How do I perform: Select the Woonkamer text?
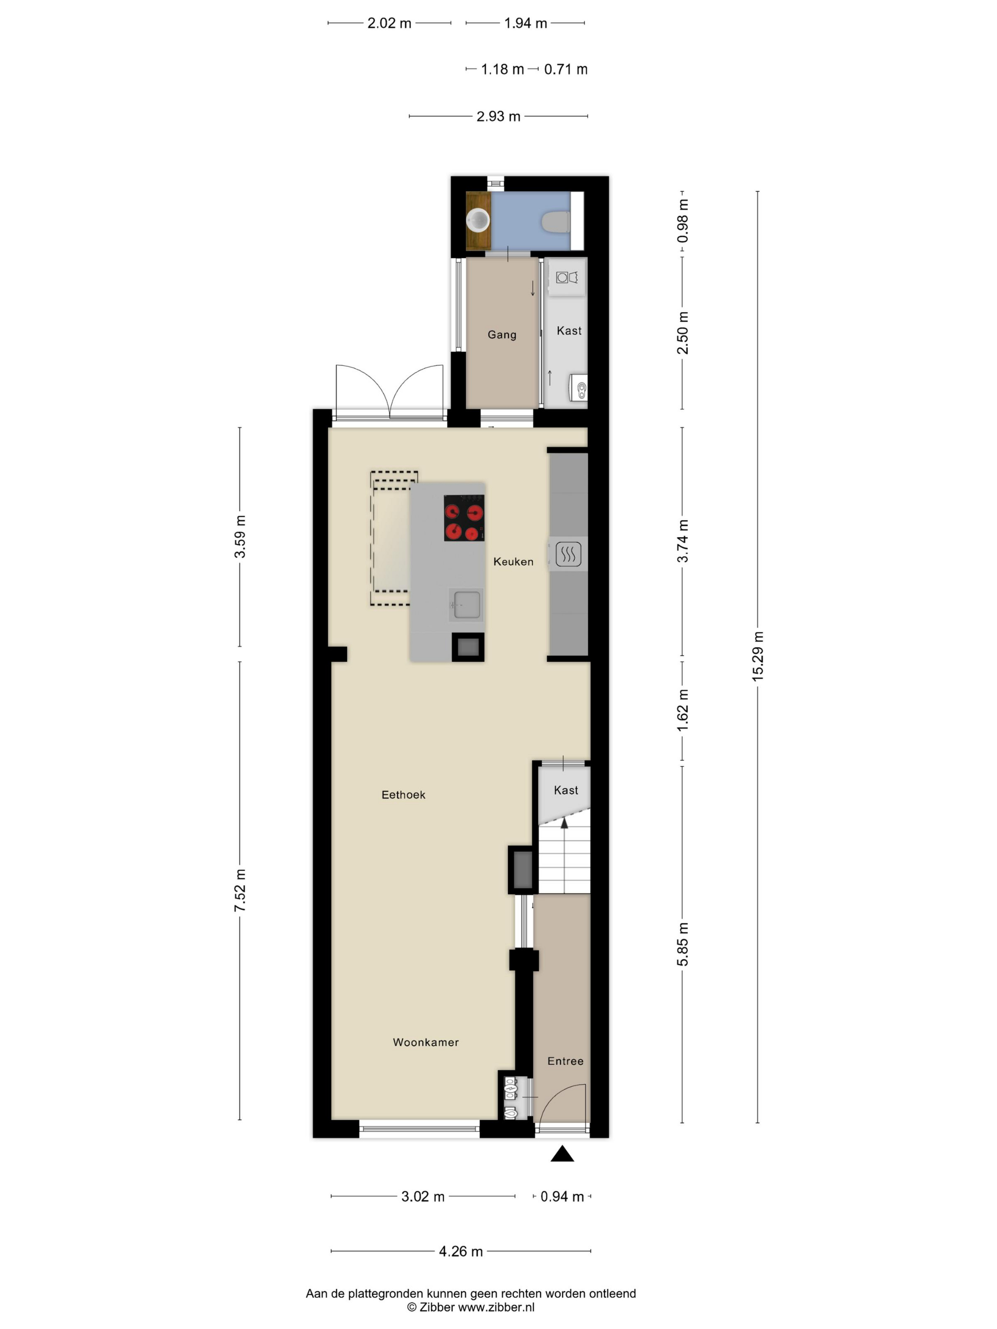click(x=425, y=1042)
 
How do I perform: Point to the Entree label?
click(x=565, y=1061)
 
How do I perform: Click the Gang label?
click(x=502, y=335)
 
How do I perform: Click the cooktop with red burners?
click(x=464, y=517)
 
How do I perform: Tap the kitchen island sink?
click(x=466, y=604)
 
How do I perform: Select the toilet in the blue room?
click(x=556, y=222)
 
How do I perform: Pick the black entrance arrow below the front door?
click(x=563, y=1153)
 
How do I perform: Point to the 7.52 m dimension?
click(x=240, y=890)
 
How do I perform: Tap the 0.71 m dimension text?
click(x=565, y=69)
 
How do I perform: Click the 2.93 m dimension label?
click(x=498, y=116)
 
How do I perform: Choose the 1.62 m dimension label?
click(x=683, y=710)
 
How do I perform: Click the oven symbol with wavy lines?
click(x=568, y=554)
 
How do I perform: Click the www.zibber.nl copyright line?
click(x=470, y=1307)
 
